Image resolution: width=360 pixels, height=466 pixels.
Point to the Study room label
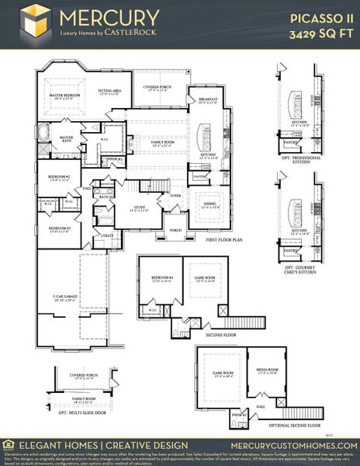(140, 207)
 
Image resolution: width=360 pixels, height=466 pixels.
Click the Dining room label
(210, 206)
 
